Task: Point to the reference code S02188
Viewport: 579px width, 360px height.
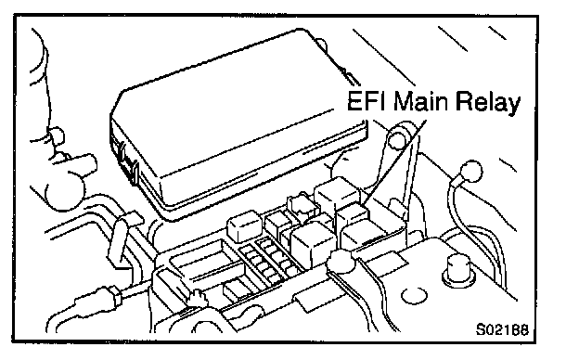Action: pos(502,329)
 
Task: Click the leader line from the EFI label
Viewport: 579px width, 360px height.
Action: pos(394,161)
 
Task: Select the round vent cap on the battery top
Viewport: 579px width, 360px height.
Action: pos(414,295)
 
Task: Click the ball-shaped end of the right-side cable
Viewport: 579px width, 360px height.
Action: pos(471,172)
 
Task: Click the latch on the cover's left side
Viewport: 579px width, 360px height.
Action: pos(125,161)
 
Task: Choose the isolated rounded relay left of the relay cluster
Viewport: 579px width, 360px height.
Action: pos(244,225)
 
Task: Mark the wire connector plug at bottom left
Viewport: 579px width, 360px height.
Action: pos(112,295)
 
